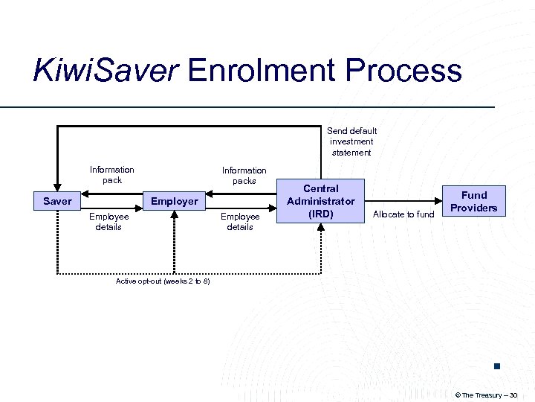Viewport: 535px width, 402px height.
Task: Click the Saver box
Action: click(57, 201)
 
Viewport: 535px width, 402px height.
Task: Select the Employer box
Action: click(175, 201)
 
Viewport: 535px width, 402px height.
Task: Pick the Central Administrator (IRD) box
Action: click(321, 201)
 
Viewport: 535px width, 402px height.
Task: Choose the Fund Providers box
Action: click(473, 201)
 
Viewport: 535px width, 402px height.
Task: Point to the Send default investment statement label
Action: click(351, 141)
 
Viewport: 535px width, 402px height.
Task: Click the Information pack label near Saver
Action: click(112, 175)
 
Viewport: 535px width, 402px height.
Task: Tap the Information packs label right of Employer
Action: click(244, 176)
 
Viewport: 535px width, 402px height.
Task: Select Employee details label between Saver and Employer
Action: click(108, 222)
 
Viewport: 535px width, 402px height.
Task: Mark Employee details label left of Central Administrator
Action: click(240, 222)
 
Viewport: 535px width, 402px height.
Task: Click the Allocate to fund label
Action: click(403, 214)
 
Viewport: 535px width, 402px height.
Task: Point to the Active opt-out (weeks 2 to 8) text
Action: click(163, 281)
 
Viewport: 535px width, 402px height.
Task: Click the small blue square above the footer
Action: click(496, 366)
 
